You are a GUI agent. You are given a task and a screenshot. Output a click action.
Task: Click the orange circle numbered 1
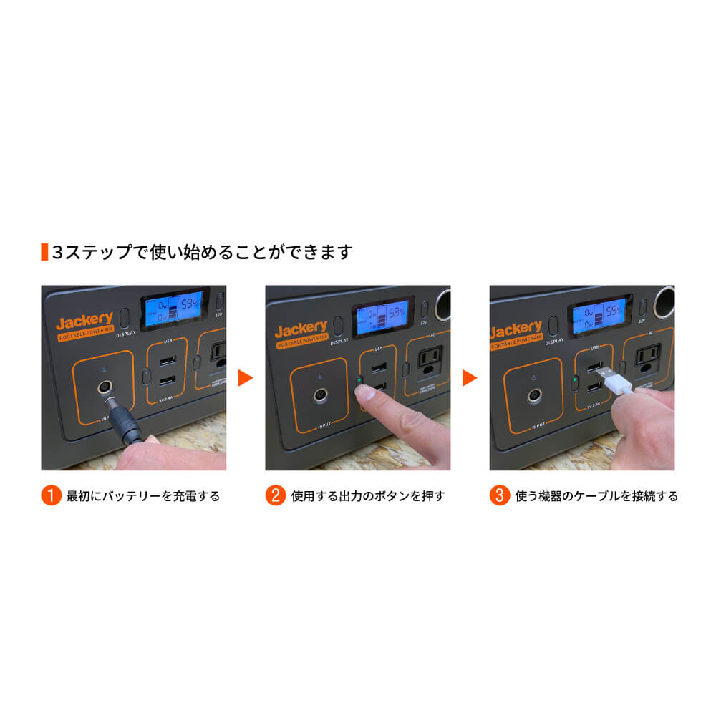(51, 495)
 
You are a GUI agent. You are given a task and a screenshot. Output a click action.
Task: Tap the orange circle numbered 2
(276, 495)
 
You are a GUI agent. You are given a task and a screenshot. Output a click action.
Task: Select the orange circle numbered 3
(500, 495)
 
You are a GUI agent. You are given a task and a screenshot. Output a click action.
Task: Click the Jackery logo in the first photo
(84, 320)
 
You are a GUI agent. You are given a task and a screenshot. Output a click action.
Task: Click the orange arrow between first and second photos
(246, 377)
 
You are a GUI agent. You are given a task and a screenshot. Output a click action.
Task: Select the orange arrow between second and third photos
(470, 377)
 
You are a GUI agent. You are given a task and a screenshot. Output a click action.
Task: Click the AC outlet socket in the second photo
(430, 360)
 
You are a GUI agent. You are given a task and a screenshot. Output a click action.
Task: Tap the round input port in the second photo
(319, 395)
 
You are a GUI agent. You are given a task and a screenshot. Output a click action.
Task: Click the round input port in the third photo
(533, 395)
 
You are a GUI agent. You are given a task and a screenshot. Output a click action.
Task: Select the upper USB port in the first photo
(166, 360)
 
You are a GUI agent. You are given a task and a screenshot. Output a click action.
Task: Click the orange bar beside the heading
(44, 252)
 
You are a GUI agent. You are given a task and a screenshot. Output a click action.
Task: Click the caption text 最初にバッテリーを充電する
(142, 495)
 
